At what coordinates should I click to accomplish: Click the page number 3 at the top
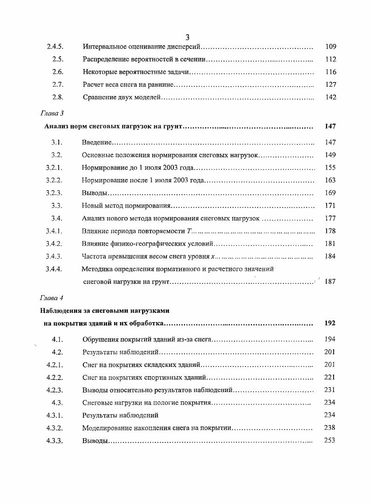pyautogui.click(x=187, y=38)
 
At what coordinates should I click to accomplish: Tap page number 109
pyautogui.click(x=330, y=47)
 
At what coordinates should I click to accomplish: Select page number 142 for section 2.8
pyautogui.click(x=330, y=97)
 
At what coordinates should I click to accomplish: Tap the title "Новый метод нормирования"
pyautogui.click(x=126, y=206)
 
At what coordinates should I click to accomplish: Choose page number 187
pyautogui.click(x=330, y=282)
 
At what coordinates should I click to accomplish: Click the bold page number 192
pyautogui.click(x=330, y=323)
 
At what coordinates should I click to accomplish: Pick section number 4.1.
pyautogui.click(x=57, y=339)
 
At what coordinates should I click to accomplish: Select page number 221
pyautogui.click(x=329, y=377)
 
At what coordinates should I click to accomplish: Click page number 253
pyautogui.click(x=329, y=441)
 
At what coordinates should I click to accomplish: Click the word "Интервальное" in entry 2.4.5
pyautogui.click(x=105, y=47)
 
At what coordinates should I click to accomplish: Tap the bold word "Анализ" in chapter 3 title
pyautogui.click(x=56, y=126)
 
